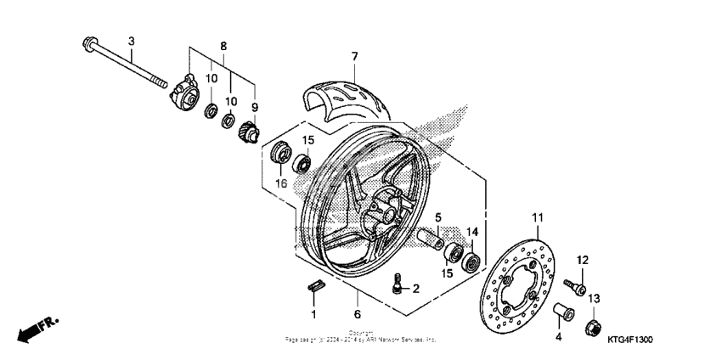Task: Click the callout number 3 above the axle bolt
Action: pyautogui.click(x=132, y=41)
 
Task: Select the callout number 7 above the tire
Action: pyautogui.click(x=355, y=57)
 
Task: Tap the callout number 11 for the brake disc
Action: pyautogui.click(x=536, y=218)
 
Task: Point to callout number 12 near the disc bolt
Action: pyautogui.click(x=583, y=259)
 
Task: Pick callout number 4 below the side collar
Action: pyautogui.click(x=558, y=338)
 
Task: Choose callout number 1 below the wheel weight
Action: pyautogui.click(x=313, y=314)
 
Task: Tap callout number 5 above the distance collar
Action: pyautogui.click(x=438, y=217)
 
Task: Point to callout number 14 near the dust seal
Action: pyautogui.click(x=473, y=231)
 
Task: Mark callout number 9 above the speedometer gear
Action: pyautogui.click(x=254, y=107)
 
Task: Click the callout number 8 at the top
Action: pyautogui.click(x=223, y=44)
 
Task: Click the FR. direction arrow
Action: pyautogui.click(x=37, y=328)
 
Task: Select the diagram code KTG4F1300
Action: pyautogui.click(x=629, y=340)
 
